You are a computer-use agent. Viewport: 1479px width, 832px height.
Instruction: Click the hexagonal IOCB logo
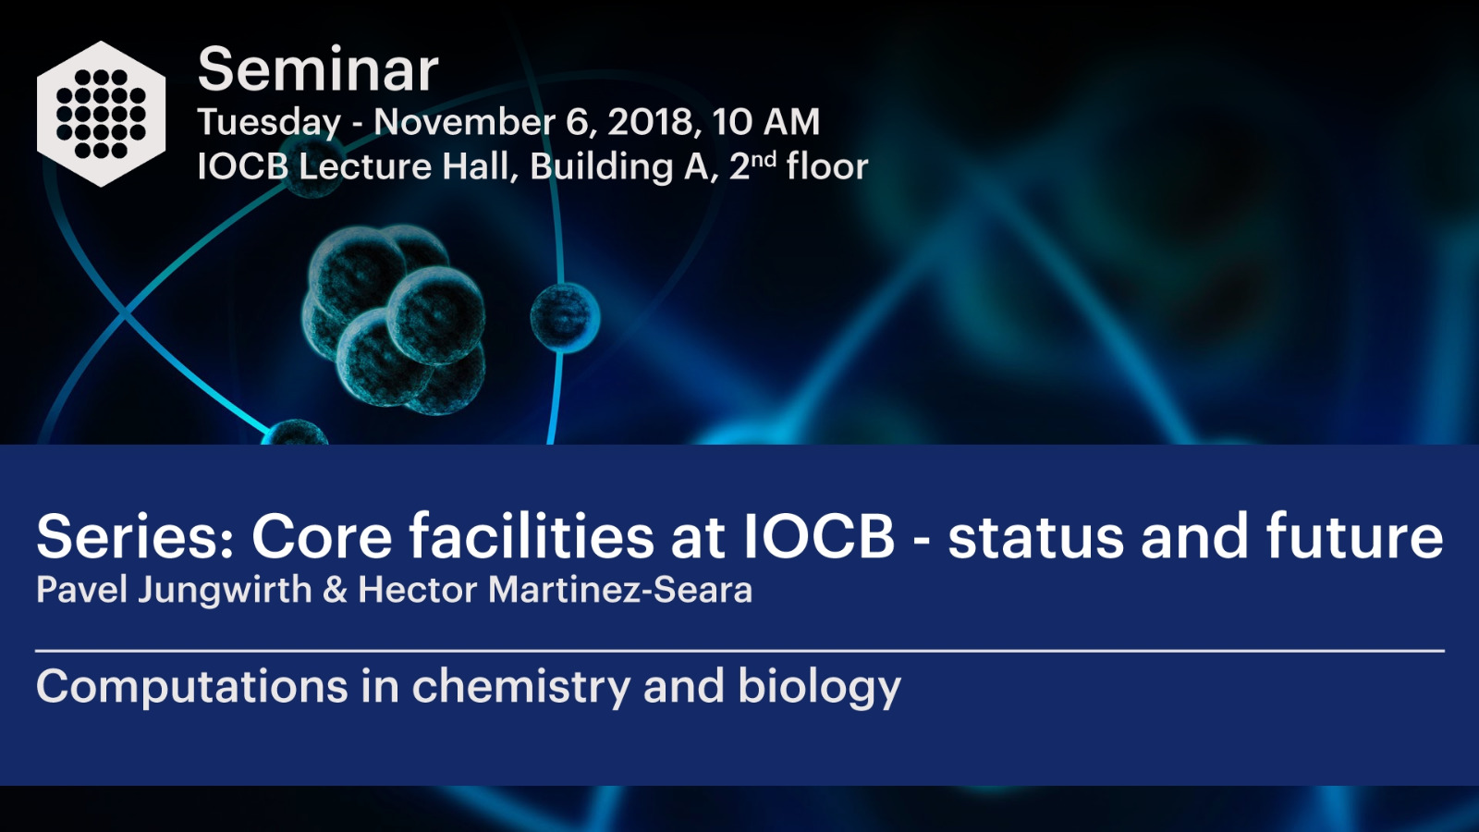coord(101,114)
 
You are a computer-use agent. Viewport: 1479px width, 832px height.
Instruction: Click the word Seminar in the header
coord(318,69)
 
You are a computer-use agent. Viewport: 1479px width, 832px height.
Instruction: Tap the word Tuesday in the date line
coord(269,123)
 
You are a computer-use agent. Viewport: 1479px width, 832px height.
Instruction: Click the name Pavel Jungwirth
coord(175,590)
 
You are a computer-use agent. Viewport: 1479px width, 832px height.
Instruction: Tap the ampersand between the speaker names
coord(336,590)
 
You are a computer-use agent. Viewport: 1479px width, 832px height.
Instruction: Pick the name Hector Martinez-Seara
coord(556,590)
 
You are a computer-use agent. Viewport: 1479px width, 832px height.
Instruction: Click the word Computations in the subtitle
coord(192,688)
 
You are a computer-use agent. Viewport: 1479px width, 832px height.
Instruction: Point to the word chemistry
coord(521,688)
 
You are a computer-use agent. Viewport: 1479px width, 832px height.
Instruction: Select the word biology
coord(819,688)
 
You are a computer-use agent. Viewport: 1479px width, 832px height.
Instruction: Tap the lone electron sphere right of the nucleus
coord(565,318)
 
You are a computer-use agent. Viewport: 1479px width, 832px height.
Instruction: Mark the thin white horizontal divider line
coord(740,651)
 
